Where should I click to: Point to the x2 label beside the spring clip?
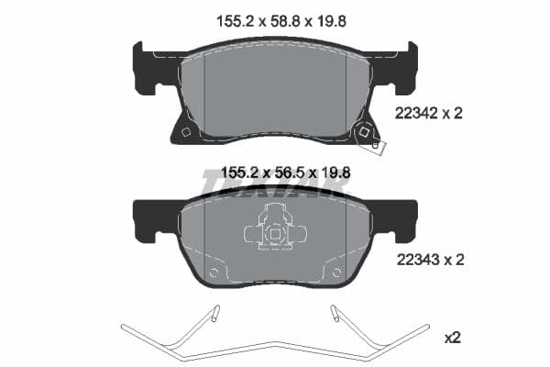452,338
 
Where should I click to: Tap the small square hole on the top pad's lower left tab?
186,132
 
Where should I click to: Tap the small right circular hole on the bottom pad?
336,272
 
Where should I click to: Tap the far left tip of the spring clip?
124,327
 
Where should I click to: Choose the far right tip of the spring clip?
426,327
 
